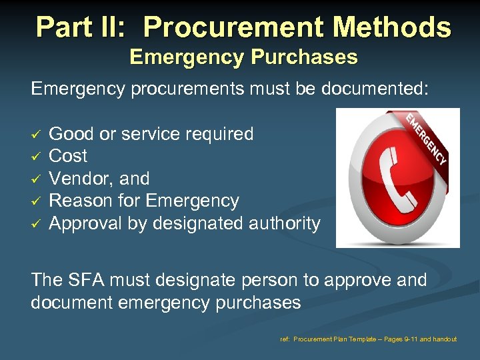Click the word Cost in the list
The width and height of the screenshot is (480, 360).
68,156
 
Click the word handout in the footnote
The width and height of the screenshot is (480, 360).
445,339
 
